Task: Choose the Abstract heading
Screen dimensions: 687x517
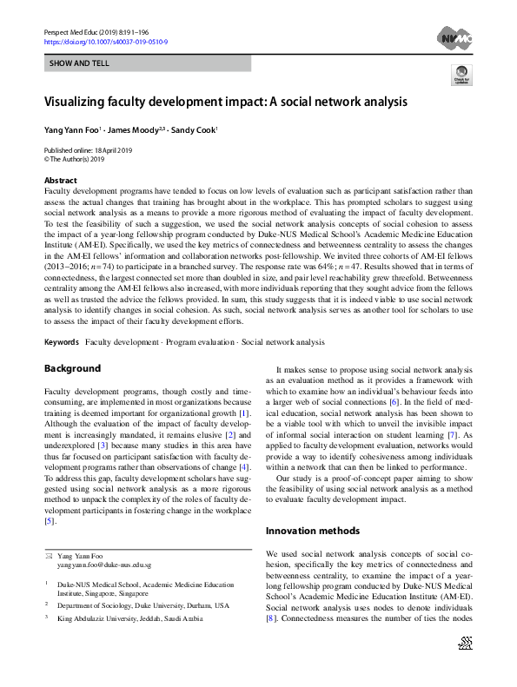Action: coord(60,179)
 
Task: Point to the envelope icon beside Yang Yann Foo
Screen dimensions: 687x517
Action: coord(49,555)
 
